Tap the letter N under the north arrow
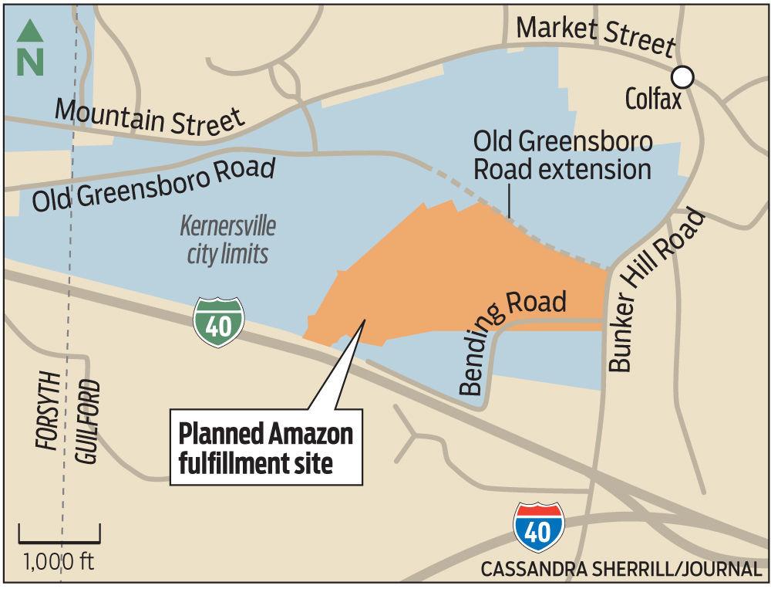30,63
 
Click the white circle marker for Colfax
682,76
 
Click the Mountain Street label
150,116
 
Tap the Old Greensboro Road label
153,184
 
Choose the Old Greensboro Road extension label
563,155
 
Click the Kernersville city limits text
227,240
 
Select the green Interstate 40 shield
218,323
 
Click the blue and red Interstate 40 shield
539,527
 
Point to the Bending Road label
512,340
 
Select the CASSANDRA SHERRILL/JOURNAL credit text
620,570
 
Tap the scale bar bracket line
59,537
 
